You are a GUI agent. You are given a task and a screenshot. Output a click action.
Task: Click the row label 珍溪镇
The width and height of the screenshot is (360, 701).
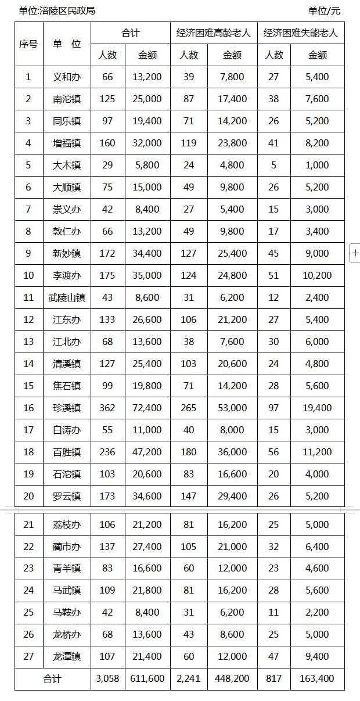pos(67,408)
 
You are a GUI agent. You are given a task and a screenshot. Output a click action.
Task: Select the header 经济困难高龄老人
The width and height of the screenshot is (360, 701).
pos(214,33)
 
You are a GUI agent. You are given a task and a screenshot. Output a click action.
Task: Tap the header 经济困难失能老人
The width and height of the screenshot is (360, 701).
pos(301,33)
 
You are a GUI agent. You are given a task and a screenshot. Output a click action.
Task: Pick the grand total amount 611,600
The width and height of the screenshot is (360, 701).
pos(147,678)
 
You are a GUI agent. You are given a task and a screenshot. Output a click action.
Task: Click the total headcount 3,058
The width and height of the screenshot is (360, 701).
pos(107,678)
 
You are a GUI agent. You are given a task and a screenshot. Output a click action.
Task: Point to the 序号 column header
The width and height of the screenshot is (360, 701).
pos(28,44)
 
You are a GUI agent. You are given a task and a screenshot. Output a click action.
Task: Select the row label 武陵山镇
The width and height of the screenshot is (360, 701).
pos(67,297)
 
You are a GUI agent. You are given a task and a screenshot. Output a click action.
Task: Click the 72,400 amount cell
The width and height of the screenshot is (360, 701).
pos(147,408)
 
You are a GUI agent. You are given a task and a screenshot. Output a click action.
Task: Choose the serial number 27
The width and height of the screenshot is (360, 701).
pos(28,656)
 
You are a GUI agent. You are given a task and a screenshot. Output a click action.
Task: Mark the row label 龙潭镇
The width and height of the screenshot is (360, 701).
pos(67,656)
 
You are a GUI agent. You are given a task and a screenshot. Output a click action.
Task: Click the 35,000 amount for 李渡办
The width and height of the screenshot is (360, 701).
pos(147,275)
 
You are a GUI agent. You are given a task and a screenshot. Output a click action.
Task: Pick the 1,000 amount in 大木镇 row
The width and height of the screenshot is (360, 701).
pos(317,165)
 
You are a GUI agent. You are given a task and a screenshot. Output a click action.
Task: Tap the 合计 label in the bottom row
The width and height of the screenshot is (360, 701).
pos(52,678)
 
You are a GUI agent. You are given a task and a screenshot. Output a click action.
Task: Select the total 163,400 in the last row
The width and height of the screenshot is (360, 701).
pos(317,678)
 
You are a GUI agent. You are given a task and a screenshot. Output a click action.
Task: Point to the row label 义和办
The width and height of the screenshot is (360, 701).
pos(67,77)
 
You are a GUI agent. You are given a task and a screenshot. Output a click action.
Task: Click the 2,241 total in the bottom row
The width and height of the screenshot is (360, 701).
pos(189,678)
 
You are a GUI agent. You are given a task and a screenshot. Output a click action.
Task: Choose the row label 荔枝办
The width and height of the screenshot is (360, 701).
pos(67,524)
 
